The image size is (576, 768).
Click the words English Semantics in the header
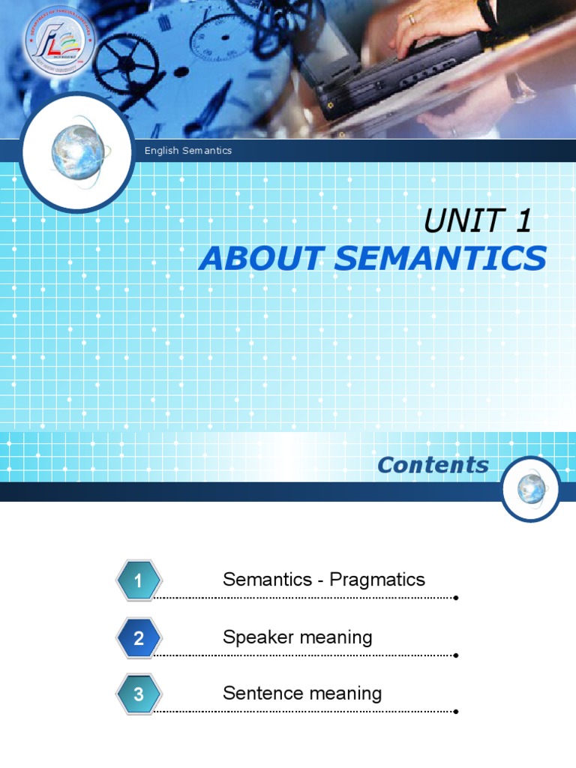(188, 151)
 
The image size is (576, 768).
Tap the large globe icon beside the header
(78, 152)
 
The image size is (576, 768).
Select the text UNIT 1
(478, 221)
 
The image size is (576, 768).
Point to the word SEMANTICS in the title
(440, 259)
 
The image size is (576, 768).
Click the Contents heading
(433, 465)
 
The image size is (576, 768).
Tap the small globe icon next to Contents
(530, 488)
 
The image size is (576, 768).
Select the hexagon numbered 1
(139, 580)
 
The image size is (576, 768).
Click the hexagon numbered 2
(139, 638)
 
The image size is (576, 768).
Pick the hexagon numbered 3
(139, 694)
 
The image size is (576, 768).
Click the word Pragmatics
(377, 580)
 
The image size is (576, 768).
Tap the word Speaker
(256, 637)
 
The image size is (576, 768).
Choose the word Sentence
(260, 694)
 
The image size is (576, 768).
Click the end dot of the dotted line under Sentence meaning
(456, 712)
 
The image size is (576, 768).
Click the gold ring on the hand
(412, 19)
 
